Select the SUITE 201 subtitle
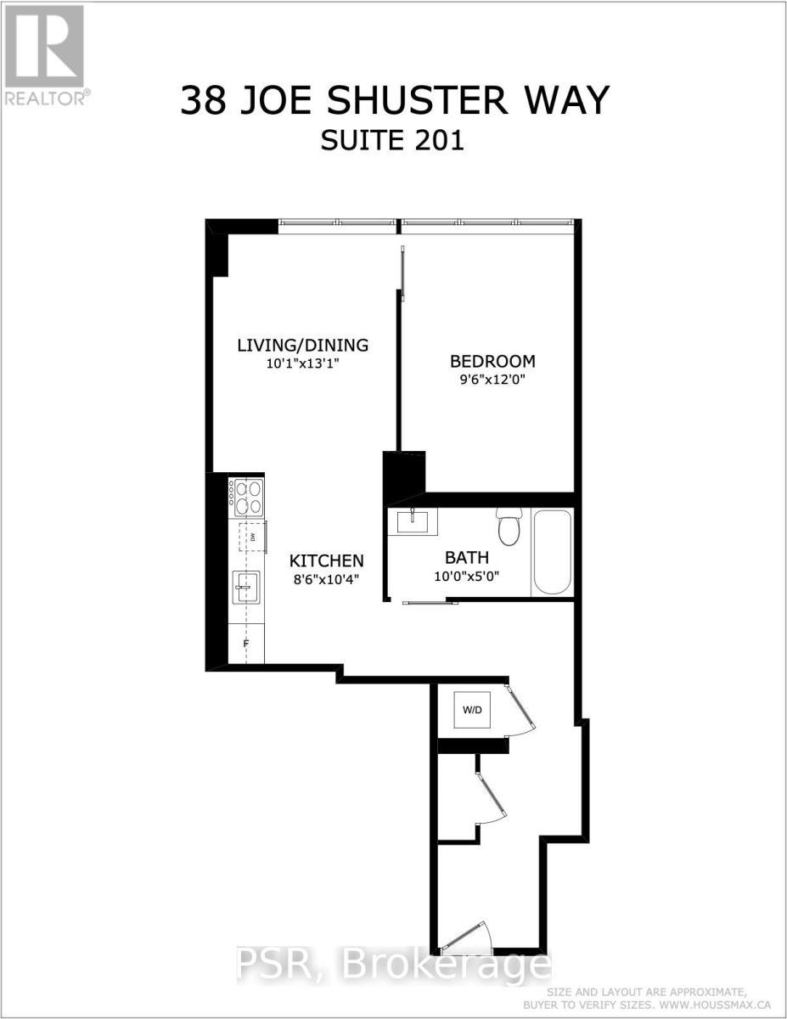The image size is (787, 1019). (x=392, y=140)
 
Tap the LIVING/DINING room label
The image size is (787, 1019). (x=302, y=345)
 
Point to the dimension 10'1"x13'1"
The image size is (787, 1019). (x=302, y=364)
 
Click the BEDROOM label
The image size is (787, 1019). (x=492, y=360)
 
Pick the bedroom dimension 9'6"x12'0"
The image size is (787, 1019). (x=492, y=380)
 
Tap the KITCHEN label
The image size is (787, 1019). (x=327, y=560)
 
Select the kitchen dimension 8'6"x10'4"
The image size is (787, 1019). (x=327, y=580)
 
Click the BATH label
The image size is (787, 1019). (x=467, y=558)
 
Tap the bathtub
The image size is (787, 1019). (x=552, y=552)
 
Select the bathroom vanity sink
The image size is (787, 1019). (x=412, y=521)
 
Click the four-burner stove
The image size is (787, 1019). (x=245, y=496)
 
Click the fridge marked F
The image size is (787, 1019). (x=246, y=643)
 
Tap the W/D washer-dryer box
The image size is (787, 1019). (x=471, y=710)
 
